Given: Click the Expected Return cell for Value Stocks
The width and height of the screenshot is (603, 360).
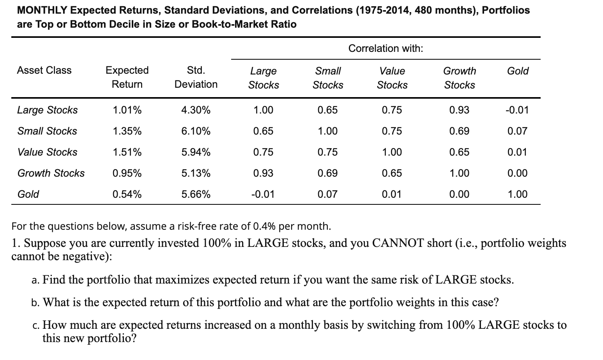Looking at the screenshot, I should click(127, 152).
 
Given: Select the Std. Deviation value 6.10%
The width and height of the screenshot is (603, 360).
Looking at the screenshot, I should click(196, 131).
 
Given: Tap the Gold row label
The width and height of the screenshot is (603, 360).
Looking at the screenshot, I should click(28, 194).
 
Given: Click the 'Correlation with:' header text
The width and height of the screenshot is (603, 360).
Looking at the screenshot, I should click(385, 48).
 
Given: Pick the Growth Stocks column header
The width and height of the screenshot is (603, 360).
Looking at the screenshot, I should click(460, 78).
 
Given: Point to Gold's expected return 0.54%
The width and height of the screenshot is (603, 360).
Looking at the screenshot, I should click(127, 194).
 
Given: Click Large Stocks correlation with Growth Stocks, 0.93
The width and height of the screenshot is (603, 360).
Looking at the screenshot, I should click(459, 110).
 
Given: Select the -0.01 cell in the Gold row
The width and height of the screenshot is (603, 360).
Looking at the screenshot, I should click(263, 194).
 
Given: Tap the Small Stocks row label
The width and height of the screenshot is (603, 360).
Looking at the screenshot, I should click(47, 131).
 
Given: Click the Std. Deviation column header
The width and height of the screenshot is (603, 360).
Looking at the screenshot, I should click(196, 77).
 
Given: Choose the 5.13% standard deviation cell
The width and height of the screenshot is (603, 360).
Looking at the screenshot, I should click(196, 173).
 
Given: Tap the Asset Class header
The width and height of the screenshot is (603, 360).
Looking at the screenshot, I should click(44, 70).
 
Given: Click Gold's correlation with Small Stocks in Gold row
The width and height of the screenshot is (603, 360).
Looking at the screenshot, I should click(327, 194).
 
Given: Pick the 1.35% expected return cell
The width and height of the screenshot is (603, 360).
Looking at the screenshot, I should click(127, 131).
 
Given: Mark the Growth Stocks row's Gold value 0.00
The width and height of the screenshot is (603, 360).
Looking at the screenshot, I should click(517, 173).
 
